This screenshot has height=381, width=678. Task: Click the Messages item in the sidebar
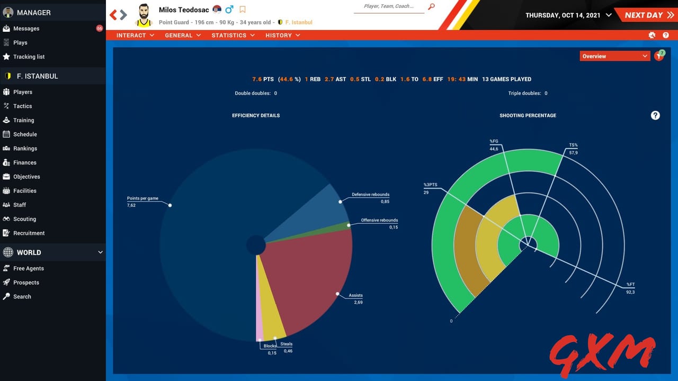pos(26,29)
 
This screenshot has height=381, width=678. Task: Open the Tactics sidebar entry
pos(22,106)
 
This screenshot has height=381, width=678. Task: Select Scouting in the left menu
pos(24,219)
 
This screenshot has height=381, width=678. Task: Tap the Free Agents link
pos(28,268)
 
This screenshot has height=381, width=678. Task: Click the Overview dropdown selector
pos(614,56)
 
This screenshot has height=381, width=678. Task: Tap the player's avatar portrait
pos(144,15)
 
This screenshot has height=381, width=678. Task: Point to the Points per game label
pos(142,198)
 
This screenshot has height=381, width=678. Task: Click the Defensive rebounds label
pos(370,195)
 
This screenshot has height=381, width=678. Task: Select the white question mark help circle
pos(655,115)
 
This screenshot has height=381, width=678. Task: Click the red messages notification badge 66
pos(100,29)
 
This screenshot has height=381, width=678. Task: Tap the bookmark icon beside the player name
pos(243,10)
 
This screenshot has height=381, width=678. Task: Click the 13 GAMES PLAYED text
pos(506,79)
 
